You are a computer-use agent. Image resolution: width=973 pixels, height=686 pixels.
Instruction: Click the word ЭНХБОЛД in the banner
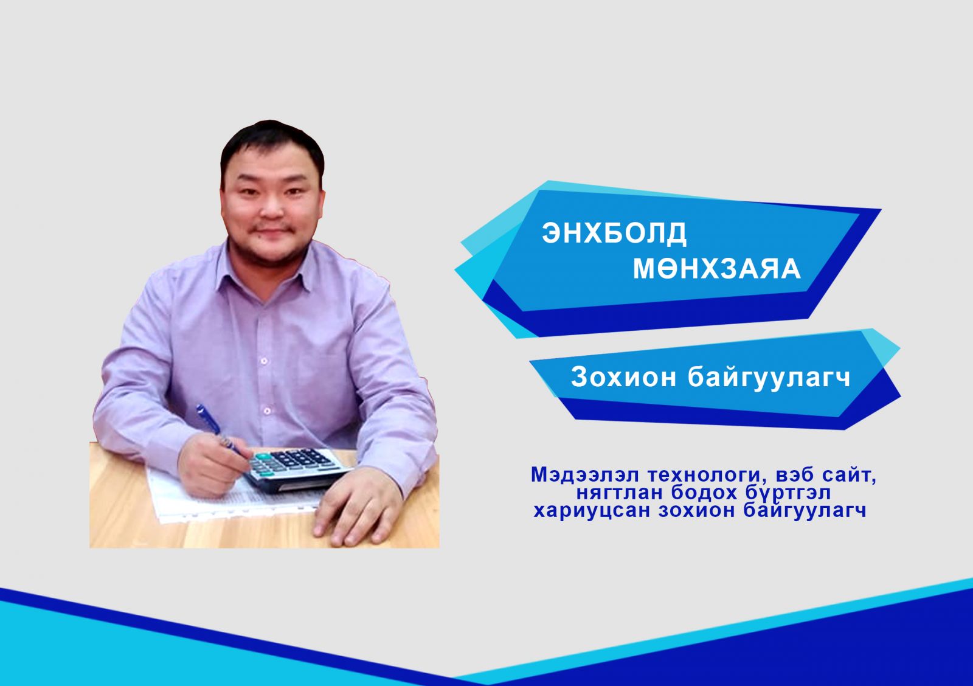[x=614, y=233]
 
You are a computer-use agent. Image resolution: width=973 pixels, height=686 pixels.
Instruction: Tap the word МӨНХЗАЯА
[x=717, y=268]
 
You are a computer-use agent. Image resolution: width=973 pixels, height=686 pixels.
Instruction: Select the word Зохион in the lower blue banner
[x=623, y=377]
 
